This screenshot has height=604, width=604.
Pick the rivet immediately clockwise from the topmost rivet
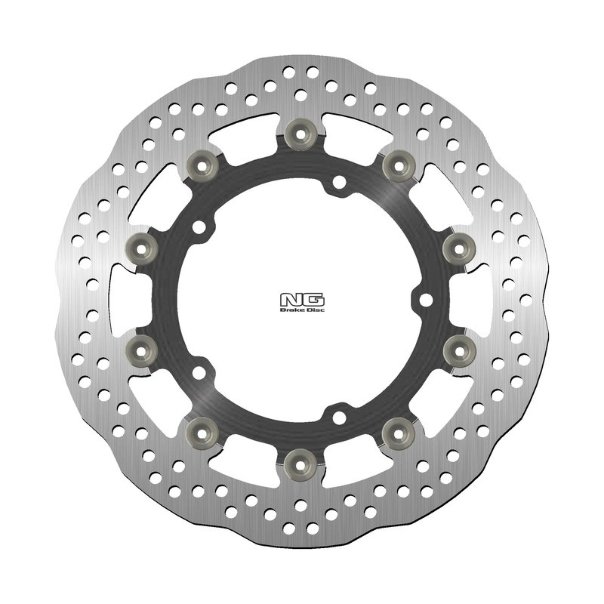[x=396, y=165]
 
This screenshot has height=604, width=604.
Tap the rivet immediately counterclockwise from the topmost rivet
[x=201, y=163]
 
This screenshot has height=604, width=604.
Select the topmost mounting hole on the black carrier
[x=339, y=181]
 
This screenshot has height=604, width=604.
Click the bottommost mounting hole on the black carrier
[x=339, y=417]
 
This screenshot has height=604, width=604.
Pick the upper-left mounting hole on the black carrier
[x=199, y=226]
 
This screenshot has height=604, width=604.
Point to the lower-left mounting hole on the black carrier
[x=199, y=371]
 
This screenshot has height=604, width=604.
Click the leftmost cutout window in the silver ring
[x=121, y=298]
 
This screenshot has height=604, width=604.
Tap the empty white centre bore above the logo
[x=302, y=242]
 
